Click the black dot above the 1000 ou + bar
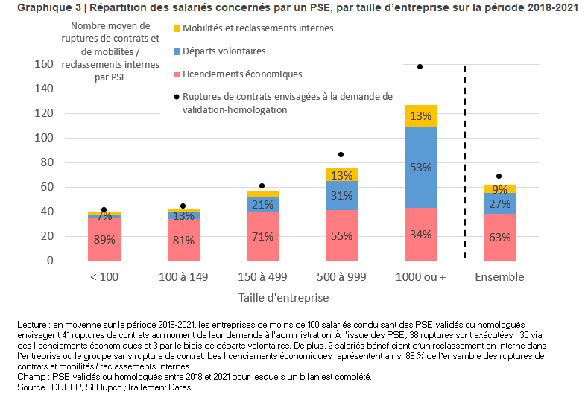pyautogui.click(x=420, y=66)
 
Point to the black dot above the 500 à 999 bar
pyautogui.click(x=341, y=154)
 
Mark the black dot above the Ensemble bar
pyautogui.click(x=499, y=177)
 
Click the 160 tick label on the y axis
pyautogui.click(x=44, y=64)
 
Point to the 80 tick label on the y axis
pyautogui.click(x=47, y=162)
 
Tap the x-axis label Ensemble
pyautogui.click(x=499, y=277)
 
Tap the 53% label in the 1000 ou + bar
pyautogui.click(x=420, y=168)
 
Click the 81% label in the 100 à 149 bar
pyautogui.click(x=183, y=240)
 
